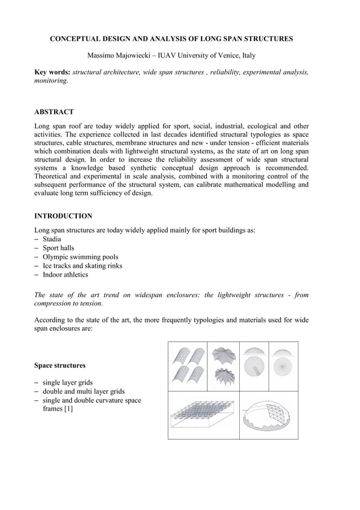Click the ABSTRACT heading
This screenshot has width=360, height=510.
click(x=54, y=112)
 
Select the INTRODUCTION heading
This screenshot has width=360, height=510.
click(x=63, y=216)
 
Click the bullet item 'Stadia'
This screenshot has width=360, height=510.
click(x=52, y=239)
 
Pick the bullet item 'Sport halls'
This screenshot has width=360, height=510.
click(x=58, y=248)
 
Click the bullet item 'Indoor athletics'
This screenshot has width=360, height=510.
click(x=65, y=275)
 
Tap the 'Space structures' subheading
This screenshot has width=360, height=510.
click(x=60, y=365)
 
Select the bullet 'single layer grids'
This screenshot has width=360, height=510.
click(x=68, y=383)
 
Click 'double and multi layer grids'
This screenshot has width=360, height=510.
click(x=84, y=392)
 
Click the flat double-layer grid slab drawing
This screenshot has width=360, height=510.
click(x=203, y=416)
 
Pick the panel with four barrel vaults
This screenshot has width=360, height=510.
click(x=187, y=366)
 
